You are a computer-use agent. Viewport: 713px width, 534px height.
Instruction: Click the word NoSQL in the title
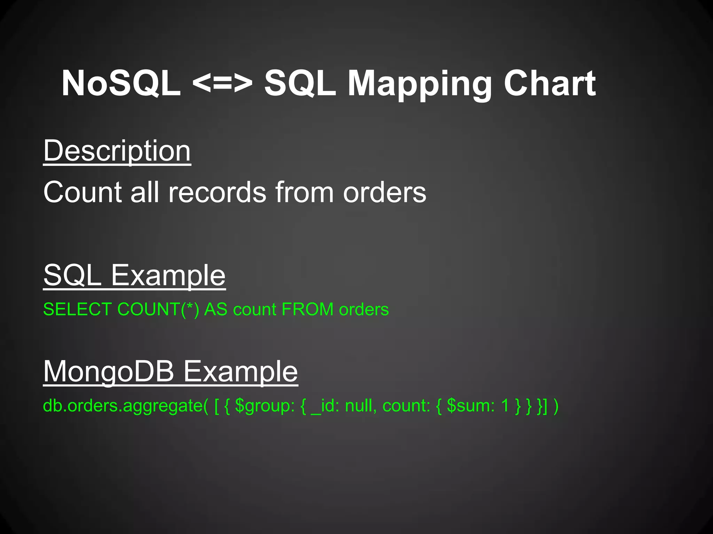[x=121, y=83]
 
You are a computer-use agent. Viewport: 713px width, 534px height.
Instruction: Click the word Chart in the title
[x=550, y=83]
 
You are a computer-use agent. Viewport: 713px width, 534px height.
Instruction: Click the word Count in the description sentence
[x=83, y=192]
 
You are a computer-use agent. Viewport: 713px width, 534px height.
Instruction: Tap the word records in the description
[x=217, y=192]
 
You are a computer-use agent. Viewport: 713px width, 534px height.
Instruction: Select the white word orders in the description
[x=384, y=192]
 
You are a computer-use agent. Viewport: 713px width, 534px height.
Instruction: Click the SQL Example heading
[x=134, y=275]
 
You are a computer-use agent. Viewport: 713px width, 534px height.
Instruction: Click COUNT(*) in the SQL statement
[x=158, y=309]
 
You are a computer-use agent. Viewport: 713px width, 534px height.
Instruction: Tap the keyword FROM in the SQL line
[x=308, y=309]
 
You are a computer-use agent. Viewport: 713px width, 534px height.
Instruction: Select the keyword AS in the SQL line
[x=216, y=309]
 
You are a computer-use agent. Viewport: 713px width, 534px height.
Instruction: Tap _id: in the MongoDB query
[x=325, y=406]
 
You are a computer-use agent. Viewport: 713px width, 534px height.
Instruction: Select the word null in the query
[x=361, y=406]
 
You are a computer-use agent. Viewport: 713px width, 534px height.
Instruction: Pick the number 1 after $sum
[x=505, y=406]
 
